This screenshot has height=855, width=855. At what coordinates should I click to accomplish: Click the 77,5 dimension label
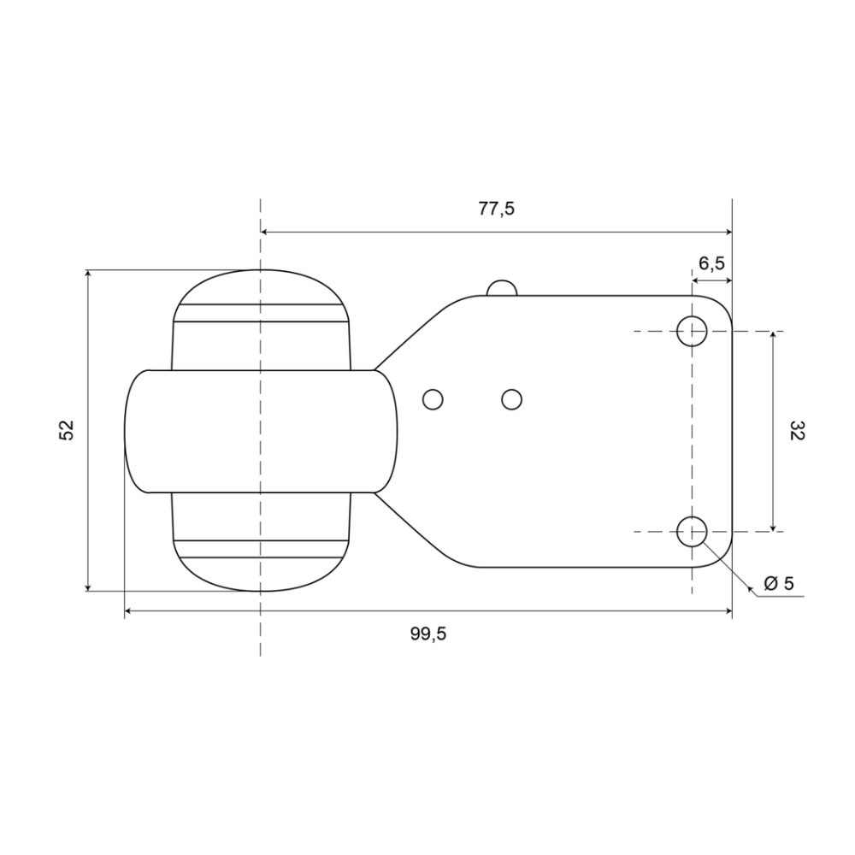[x=497, y=209]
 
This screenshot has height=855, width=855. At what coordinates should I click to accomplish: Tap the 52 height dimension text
[x=68, y=430]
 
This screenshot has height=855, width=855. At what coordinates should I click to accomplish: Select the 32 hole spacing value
[x=797, y=430]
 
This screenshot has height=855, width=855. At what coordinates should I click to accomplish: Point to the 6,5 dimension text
[x=711, y=264]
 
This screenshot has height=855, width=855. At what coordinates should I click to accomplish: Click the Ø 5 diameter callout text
[x=778, y=583]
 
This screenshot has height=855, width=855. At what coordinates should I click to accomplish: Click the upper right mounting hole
[x=692, y=331]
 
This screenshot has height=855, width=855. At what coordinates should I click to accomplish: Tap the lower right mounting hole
[x=692, y=531]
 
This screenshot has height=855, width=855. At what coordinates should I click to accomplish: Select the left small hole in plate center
[x=433, y=398]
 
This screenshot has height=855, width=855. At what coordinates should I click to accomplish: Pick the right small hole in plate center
[x=512, y=398]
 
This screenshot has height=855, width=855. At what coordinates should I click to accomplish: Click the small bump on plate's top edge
[x=502, y=288]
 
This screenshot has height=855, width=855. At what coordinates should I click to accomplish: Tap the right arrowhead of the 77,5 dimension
[x=728, y=232]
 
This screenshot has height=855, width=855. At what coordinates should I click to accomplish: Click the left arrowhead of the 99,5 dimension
[x=130, y=611]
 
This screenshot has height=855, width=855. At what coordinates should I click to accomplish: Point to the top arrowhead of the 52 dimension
[x=88, y=275]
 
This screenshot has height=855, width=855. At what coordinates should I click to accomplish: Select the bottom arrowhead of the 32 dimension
[x=773, y=526]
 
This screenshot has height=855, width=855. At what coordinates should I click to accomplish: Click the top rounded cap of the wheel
[x=260, y=286]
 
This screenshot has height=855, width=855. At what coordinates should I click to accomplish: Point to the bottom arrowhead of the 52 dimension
[x=88, y=586]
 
